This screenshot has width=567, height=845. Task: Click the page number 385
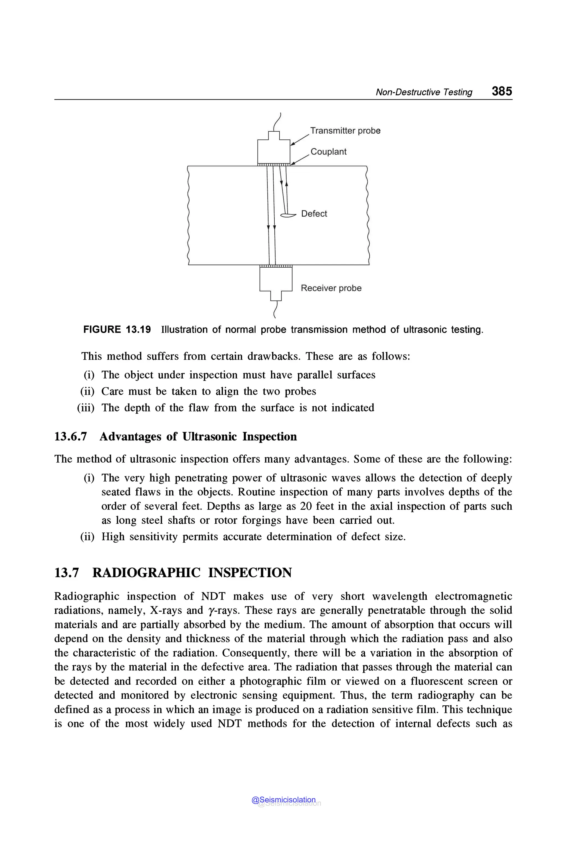[502, 91]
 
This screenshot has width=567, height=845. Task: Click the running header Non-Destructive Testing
[424, 92]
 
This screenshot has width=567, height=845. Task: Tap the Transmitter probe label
[345, 131]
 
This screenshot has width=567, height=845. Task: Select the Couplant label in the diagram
[328, 152]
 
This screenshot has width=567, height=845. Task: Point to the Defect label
[314, 214]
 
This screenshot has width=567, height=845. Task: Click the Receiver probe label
[331, 288]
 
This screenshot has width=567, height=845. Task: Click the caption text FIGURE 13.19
[117, 330]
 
